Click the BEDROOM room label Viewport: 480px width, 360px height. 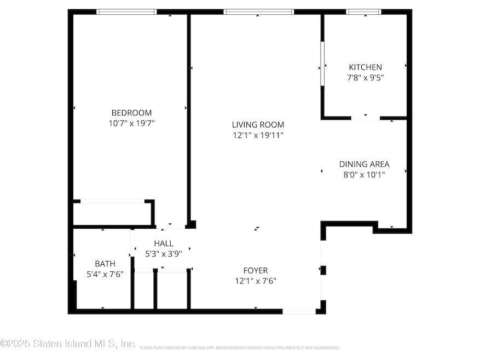[131, 113]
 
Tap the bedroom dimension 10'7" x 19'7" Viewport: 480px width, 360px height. [131, 124]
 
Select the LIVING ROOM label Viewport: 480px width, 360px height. [258, 125]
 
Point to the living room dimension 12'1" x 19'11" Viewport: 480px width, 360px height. [258, 135]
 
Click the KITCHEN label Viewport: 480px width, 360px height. [365, 67]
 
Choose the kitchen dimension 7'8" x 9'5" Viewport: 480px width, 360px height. [365, 78]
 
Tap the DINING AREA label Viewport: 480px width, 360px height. [364, 164]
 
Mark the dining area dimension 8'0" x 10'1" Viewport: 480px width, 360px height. [364, 175]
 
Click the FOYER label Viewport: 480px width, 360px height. [256, 270]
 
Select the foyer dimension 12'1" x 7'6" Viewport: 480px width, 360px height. [256, 281]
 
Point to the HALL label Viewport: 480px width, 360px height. [163, 243]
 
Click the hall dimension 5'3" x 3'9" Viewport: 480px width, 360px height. [163, 254]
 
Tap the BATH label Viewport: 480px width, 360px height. [105, 263]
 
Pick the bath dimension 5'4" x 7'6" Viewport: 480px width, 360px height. [105, 274]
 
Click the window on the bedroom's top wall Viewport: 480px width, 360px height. [126, 11]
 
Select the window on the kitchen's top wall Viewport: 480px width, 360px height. [364, 11]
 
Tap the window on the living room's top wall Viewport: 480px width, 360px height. [258, 11]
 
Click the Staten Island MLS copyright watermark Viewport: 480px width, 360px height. [68, 344]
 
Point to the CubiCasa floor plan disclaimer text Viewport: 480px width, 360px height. [240, 348]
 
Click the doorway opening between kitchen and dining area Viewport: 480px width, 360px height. [365, 118]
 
